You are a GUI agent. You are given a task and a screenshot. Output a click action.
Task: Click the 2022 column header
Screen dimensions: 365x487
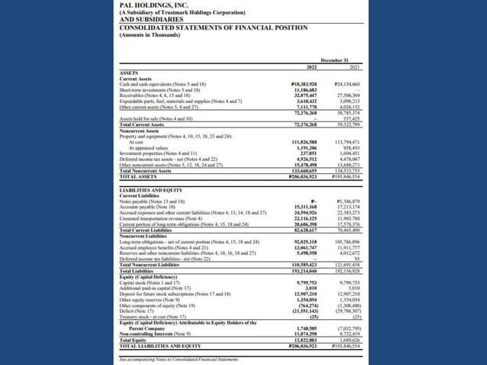311,67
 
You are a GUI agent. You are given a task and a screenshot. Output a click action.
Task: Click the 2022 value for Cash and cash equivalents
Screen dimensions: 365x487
305,83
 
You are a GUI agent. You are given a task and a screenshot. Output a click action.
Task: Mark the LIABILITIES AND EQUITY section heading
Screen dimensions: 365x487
153,188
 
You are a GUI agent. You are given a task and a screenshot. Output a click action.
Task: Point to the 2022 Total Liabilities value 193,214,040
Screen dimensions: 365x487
304,270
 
